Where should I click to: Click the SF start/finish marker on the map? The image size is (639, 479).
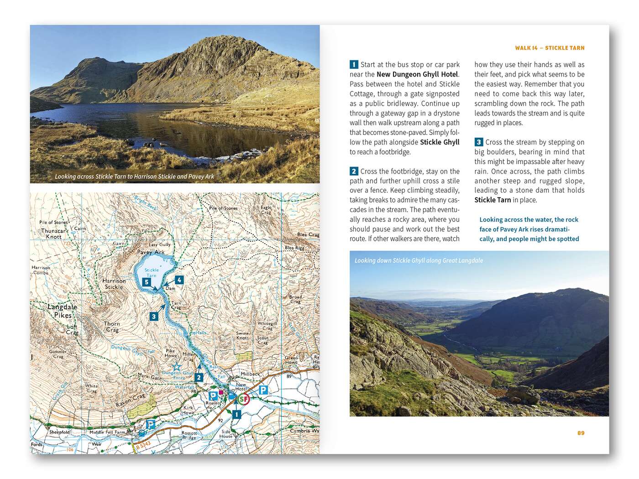click(x=244, y=399)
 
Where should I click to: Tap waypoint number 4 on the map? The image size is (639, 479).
click(x=179, y=280)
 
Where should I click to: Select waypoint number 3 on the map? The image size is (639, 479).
click(x=154, y=316)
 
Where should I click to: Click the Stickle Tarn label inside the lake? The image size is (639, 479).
click(x=152, y=272)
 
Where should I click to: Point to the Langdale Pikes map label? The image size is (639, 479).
click(x=63, y=311)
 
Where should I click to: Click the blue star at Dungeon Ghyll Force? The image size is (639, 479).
click(x=176, y=367)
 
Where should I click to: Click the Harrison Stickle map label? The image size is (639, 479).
click(x=114, y=284)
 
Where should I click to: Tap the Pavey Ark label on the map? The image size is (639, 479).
click(x=151, y=252)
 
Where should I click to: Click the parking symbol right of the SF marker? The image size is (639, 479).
click(x=263, y=390)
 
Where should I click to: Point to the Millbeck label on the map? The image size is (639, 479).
click(x=250, y=374)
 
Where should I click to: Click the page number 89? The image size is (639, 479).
click(x=581, y=433)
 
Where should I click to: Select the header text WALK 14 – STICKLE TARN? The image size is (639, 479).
click(x=550, y=48)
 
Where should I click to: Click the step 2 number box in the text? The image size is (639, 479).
click(x=354, y=172)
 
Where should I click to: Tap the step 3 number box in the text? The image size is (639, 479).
click(x=479, y=142)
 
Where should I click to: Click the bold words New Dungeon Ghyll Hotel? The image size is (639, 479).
click(x=417, y=74)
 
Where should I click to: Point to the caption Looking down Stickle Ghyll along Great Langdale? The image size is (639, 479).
click(x=419, y=260)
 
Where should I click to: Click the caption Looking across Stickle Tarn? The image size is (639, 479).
click(x=134, y=177)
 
